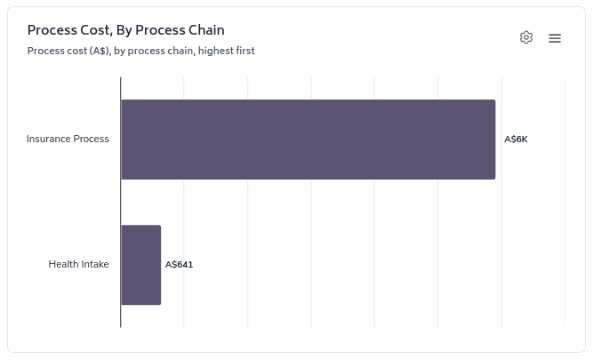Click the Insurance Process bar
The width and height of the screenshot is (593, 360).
308,140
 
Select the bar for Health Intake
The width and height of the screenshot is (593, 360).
141,265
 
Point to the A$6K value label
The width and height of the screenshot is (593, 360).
516,140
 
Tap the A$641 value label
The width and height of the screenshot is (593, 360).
179,265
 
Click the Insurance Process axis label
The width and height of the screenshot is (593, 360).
68,140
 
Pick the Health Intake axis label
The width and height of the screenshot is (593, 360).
78,265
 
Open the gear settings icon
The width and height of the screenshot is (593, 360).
526,37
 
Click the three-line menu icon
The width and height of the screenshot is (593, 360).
555,38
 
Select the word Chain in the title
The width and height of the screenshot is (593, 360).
205,30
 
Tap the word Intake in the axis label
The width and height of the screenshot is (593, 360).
95,265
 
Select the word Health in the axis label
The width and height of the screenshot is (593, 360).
63,265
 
